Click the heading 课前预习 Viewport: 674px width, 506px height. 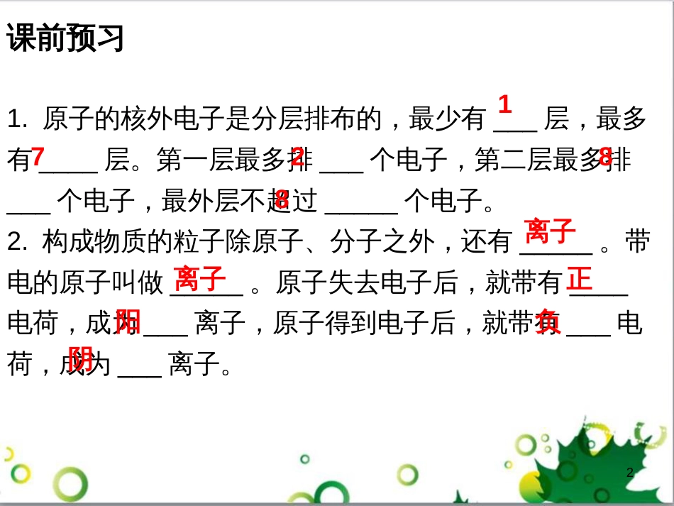click(65, 38)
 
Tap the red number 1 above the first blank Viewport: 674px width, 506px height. click(504, 105)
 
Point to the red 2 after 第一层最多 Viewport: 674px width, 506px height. click(298, 156)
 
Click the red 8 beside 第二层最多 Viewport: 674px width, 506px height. click(605, 156)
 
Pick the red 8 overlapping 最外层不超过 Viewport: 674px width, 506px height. click(282, 199)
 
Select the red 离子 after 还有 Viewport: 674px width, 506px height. click(549, 231)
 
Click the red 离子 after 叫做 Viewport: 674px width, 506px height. click(200, 278)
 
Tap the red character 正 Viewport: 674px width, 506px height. click(580, 278)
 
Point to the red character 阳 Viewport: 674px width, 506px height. click(128, 321)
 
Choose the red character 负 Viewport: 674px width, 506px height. click(548, 321)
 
